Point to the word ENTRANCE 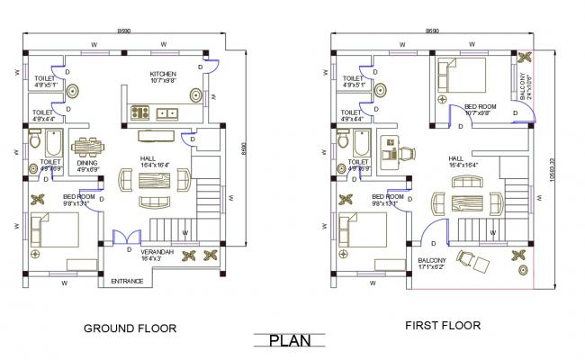(x=127, y=282)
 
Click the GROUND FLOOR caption (x=130, y=328)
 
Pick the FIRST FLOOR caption (x=442, y=325)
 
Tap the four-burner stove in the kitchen (x=141, y=113)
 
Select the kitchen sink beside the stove (x=166, y=113)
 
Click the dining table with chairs (x=87, y=146)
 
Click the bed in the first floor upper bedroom (x=460, y=76)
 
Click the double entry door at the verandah (x=120, y=238)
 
